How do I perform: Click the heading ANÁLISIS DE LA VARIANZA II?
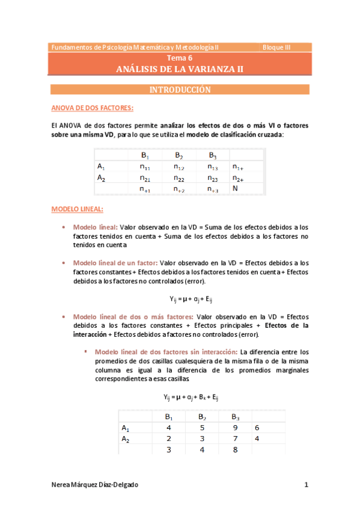click(180, 69)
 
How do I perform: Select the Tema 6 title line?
click(180, 59)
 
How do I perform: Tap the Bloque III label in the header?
click(276, 47)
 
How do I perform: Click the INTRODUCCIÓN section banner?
click(180, 90)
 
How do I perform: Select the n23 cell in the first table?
click(213, 178)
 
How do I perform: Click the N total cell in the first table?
click(236, 189)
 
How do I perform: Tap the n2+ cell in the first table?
click(238, 178)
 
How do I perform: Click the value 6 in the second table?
click(257, 428)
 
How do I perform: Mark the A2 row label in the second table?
click(126, 438)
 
